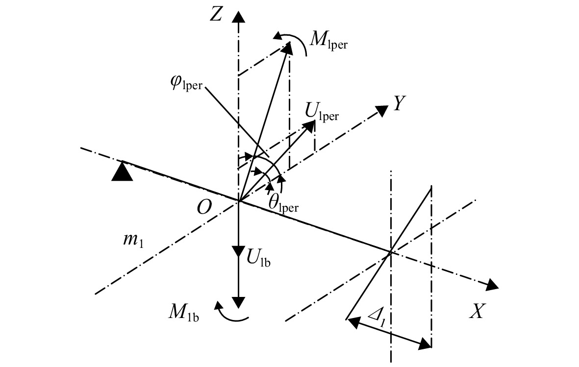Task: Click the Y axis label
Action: tap(399, 103)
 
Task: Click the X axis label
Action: tap(477, 311)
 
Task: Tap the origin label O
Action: tap(204, 207)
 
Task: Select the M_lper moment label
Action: tap(328, 40)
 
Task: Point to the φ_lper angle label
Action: tap(186, 83)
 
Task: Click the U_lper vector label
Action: tap(322, 111)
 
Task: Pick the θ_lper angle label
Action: tap(283, 203)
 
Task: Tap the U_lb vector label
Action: tap(258, 256)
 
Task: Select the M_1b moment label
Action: tap(184, 314)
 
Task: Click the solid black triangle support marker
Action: tap(122, 171)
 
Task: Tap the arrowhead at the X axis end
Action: tap(492, 285)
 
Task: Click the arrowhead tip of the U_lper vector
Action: tap(315, 122)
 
